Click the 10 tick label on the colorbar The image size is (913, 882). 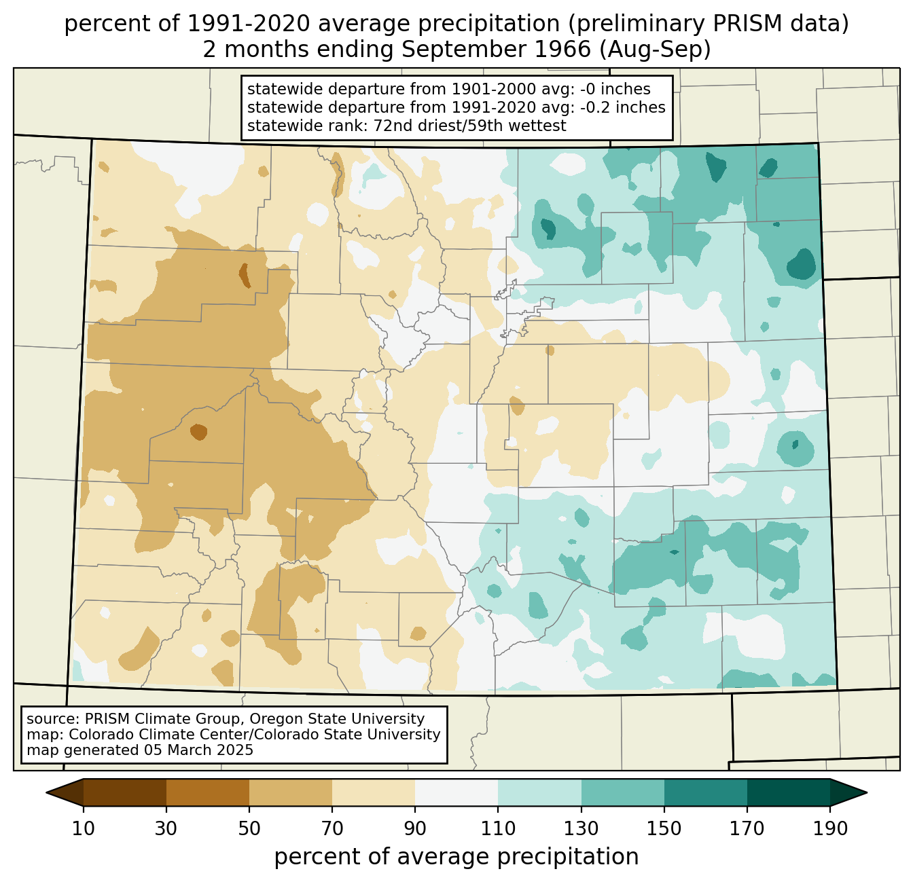tap(84, 829)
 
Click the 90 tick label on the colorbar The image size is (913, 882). tap(415, 829)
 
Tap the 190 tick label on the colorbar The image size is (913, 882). tap(830, 829)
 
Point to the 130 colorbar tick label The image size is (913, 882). tap(581, 829)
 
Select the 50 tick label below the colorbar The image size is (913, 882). tap(249, 829)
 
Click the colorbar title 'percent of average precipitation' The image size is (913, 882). tap(456, 857)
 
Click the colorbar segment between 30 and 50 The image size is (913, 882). tap(208, 792)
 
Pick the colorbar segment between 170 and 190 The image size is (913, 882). tap(789, 792)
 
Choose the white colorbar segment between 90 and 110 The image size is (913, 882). tap(456, 792)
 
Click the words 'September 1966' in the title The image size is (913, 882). tap(494, 50)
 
